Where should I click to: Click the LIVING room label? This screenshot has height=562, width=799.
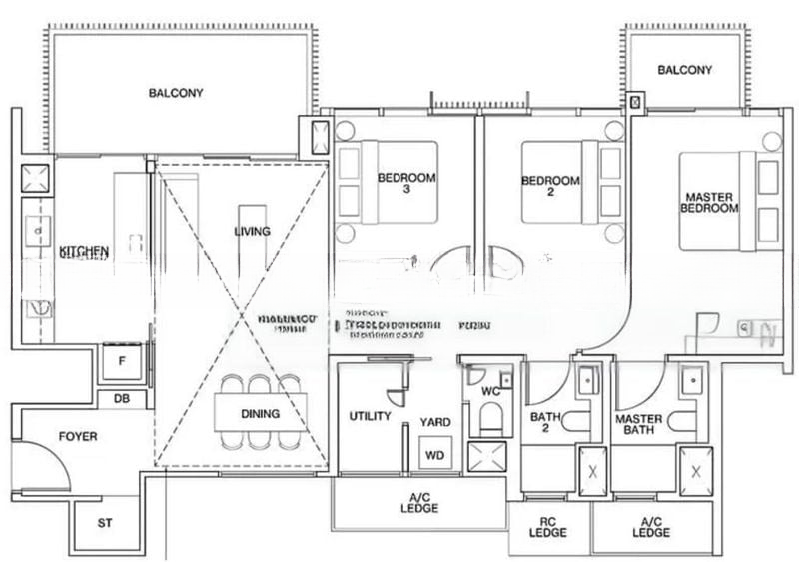(252, 232)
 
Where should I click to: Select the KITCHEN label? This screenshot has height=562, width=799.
(84, 251)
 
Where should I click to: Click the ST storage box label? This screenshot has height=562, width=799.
(105, 523)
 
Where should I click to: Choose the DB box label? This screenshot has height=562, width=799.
(122, 398)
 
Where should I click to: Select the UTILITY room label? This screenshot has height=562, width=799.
(369, 416)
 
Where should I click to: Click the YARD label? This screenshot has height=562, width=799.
(434, 422)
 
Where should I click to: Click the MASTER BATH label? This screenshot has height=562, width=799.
(640, 425)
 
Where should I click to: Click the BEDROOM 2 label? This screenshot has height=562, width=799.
(551, 187)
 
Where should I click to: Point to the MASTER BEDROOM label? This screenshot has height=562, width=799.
(709, 202)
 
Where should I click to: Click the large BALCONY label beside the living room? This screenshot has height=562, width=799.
(176, 94)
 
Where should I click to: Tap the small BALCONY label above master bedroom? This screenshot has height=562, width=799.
(685, 70)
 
